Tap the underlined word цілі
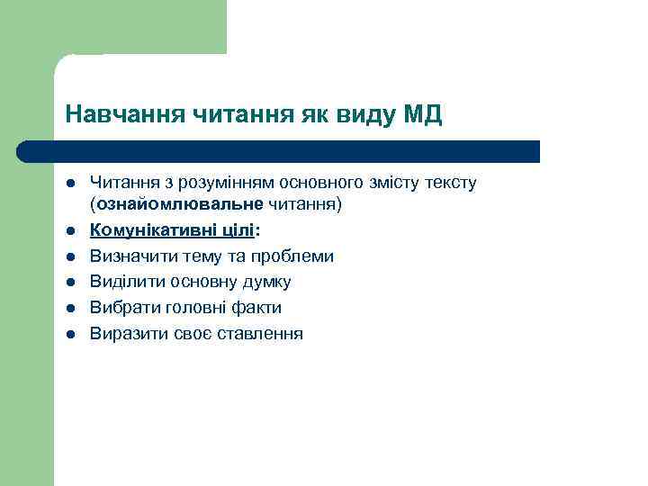point(238,230)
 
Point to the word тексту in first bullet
point(454,184)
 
